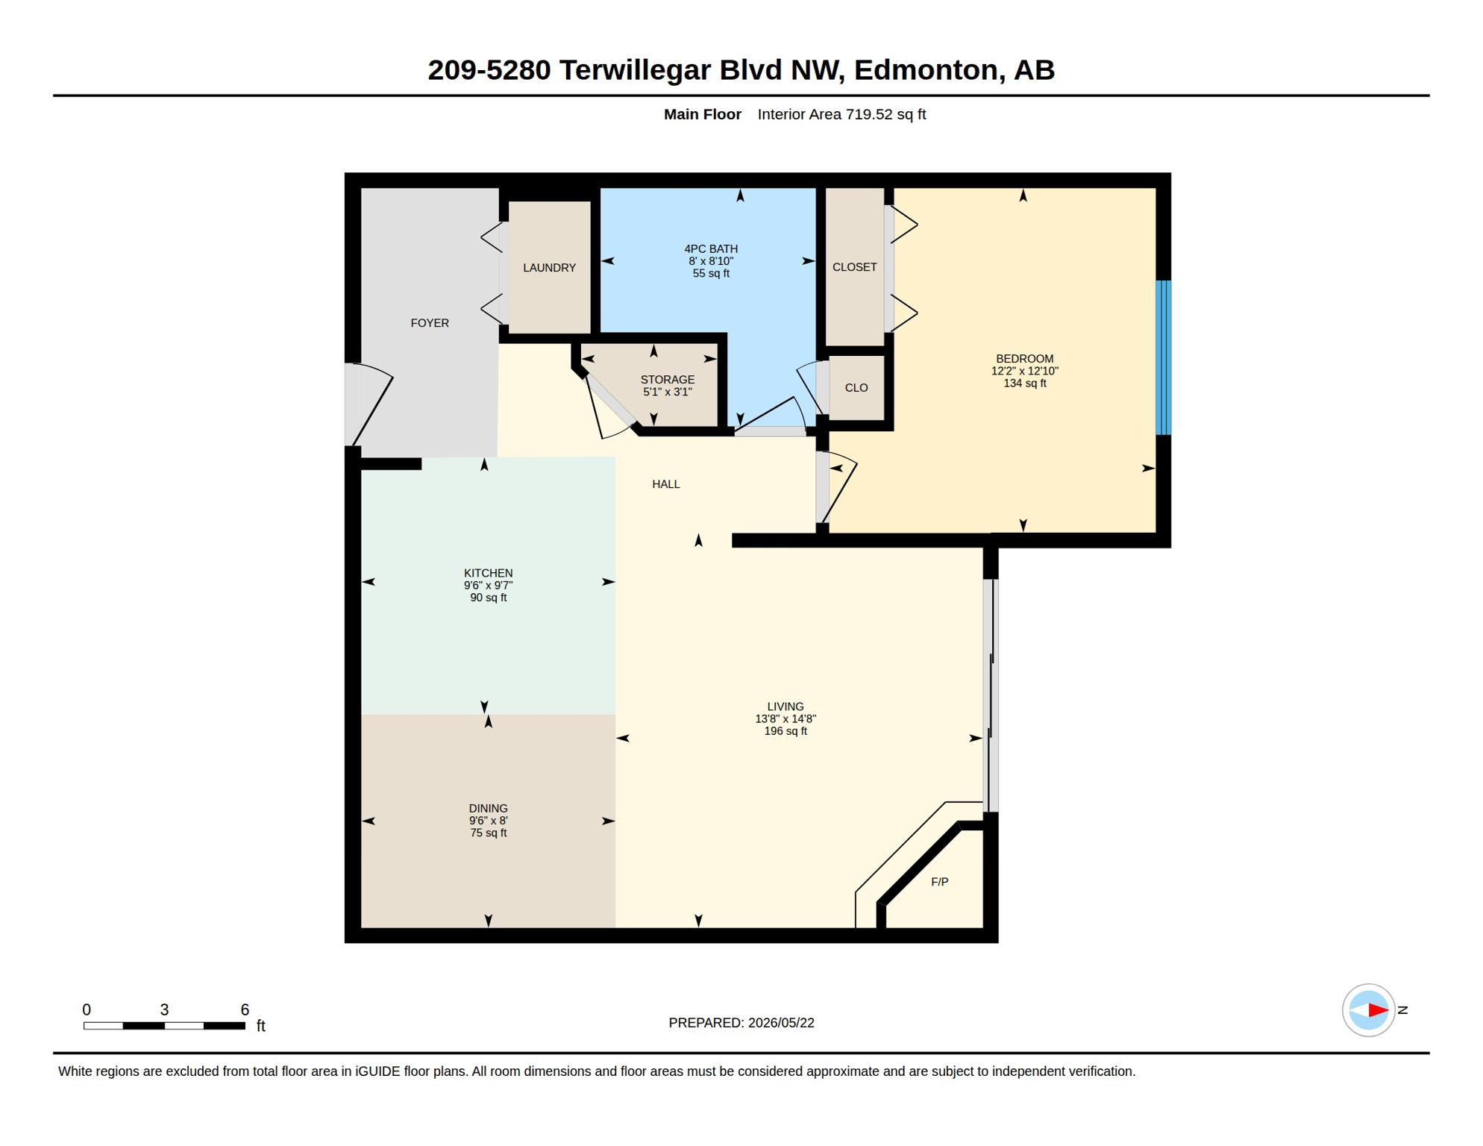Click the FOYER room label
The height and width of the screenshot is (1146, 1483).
coord(430,323)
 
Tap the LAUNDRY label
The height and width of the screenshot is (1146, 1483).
coord(549,268)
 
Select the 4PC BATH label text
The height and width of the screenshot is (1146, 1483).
coord(711,249)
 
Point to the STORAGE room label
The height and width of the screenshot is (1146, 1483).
coord(668,380)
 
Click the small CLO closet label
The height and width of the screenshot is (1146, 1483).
coord(856,388)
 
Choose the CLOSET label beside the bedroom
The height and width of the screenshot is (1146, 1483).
coord(855,267)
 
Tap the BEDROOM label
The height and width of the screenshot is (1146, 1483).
coord(1025,359)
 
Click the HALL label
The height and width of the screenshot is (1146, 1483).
coord(666,484)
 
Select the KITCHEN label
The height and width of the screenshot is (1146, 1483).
coord(489,573)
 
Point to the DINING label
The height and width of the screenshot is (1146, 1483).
coord(489,809)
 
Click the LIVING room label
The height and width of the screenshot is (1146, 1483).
coord(786,707)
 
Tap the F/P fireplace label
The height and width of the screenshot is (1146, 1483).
coord(940,882)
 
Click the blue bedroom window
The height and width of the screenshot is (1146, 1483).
coord(1163,357)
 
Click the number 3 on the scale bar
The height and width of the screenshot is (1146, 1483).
coord(164,1009)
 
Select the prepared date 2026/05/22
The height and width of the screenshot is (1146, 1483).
coord(781,1023)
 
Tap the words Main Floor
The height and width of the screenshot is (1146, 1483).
coord(703,114)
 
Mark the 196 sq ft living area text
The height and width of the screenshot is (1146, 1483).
coord(786,731)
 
